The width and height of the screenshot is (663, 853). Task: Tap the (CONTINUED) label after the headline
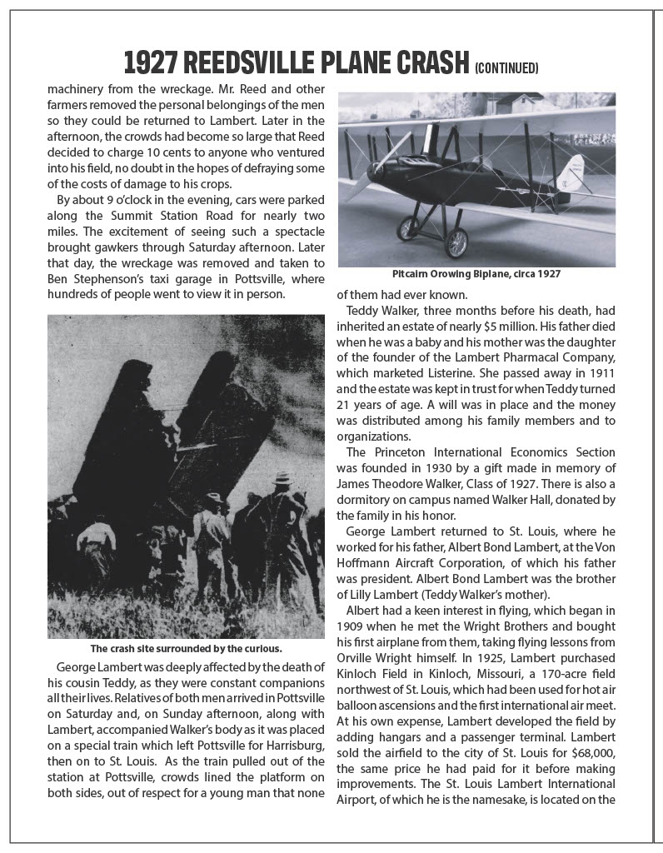point(506,67)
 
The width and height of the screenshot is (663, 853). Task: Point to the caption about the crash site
point(185,648)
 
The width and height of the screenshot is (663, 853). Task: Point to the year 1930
point(451,470)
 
